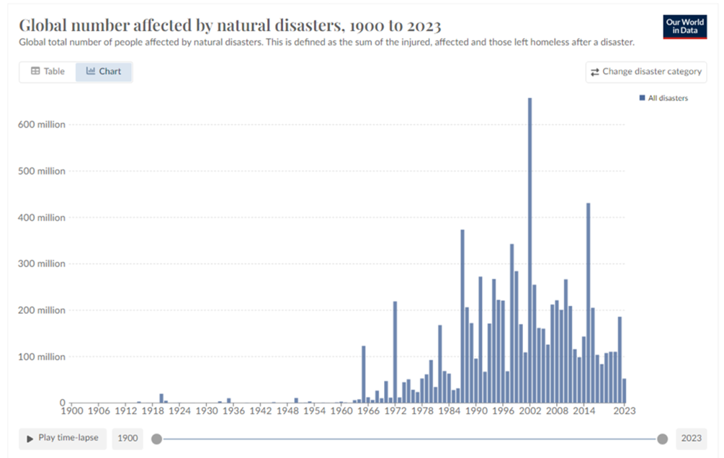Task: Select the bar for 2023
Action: tap(624, 391)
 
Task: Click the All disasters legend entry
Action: tap(663, 98)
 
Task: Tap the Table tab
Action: tap(48, 71)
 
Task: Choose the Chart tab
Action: tap(104, 71)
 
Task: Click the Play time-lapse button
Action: tap(63, 439)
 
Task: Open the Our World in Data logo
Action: tap(685, 27)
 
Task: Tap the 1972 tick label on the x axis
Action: tap(395, 411)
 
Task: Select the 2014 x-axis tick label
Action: tap(584, 411)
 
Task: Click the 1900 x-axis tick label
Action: tap(72, 411)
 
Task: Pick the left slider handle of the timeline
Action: tap(157, 439)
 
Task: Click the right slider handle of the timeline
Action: tap(662, 439)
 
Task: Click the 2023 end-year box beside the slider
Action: tap(692, 439)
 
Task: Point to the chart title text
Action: tap(230, 25)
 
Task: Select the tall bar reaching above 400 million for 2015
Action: tap(588, 302)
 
